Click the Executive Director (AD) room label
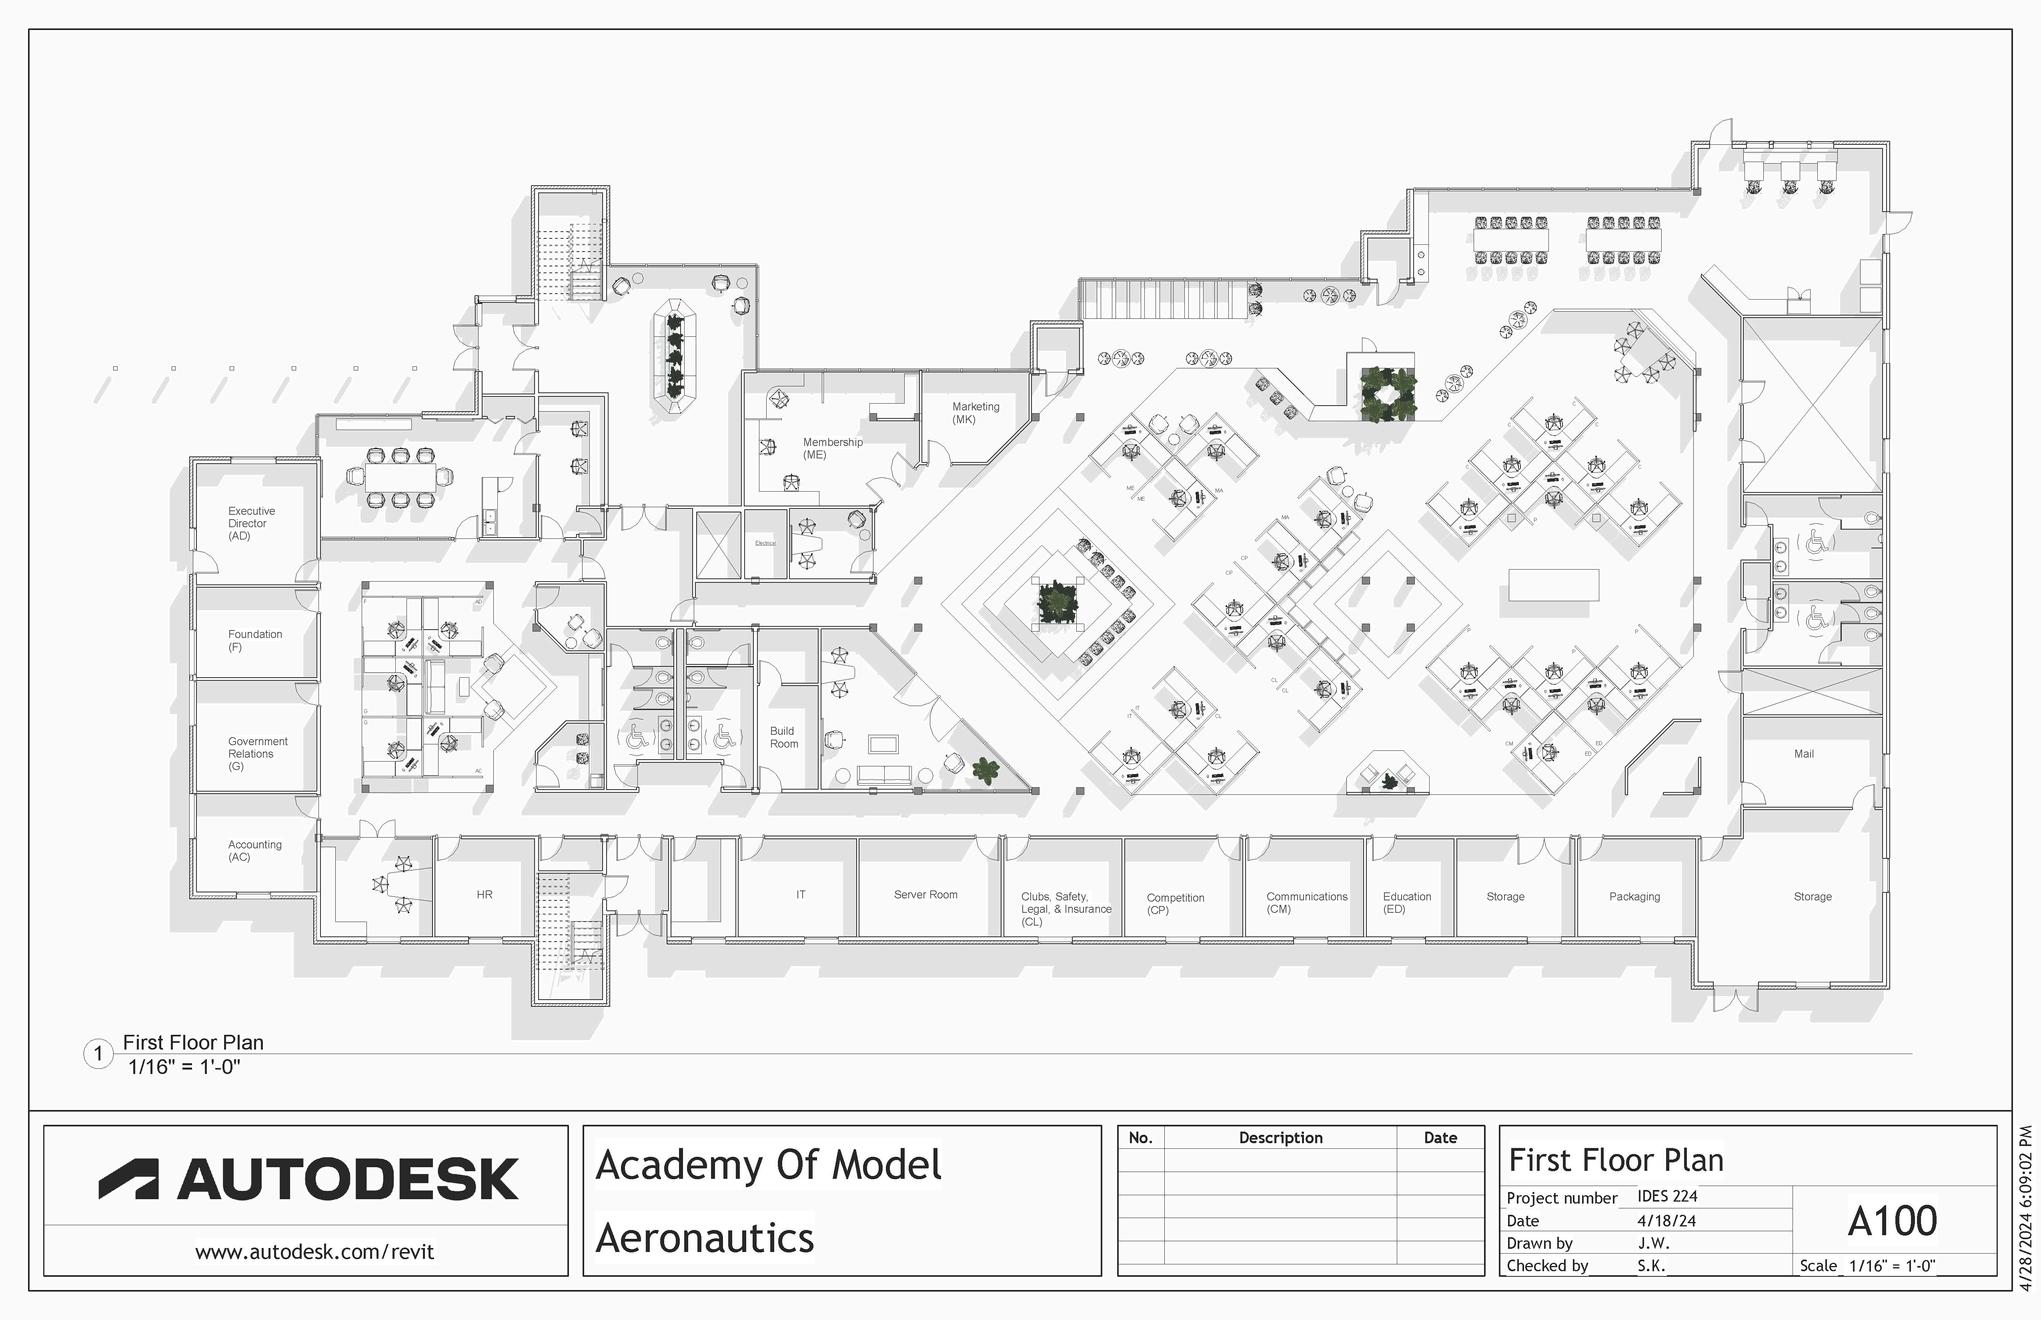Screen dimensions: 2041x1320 click(251, 523)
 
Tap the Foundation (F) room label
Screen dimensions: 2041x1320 click(254, 640)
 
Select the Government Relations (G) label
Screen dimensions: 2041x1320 click(257, 754)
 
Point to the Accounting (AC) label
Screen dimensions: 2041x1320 click(254, 850)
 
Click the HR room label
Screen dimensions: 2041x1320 click(484, 895)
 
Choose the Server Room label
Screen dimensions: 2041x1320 click(925, 895)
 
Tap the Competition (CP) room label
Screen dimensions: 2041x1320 click(1175, 904)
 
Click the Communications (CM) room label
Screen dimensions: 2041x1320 click(1306, 902)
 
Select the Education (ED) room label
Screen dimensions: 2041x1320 click(1406, 902)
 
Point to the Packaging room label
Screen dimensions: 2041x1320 click(1634, 897)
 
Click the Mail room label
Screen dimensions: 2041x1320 click(1803, 754)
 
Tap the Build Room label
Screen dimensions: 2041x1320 click(784, 737)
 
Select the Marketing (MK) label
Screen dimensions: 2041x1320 click(975, 413)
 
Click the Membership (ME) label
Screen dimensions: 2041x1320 click(832, 448)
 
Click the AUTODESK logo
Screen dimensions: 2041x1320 click(308, 1179)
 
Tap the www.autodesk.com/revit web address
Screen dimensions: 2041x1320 click(314, 1252)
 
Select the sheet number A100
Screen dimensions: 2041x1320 click(1892, 1221)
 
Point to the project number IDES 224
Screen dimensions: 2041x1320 click(1667, 1196)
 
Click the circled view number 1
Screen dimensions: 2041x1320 click(98, 1054)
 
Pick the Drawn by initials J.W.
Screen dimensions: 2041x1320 click(1653, 1243)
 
